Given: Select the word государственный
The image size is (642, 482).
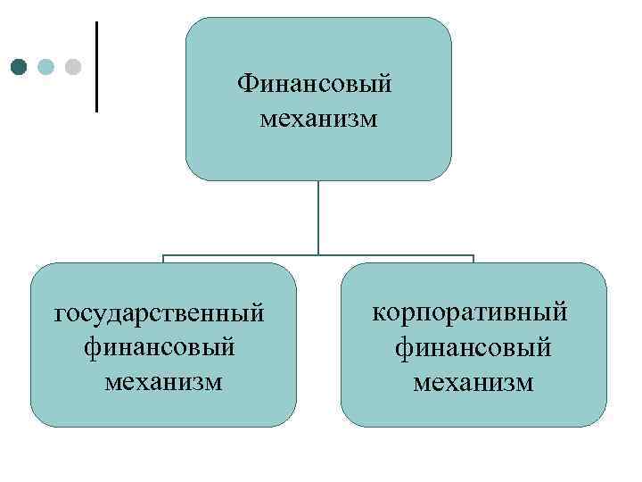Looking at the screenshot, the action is point(160,314).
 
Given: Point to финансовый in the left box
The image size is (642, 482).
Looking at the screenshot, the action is point(160,347).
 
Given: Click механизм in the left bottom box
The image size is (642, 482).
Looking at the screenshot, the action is point(162,381).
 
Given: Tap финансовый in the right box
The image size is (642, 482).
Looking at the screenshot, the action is point(473,347).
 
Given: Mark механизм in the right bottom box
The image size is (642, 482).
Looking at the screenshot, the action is point(473,382).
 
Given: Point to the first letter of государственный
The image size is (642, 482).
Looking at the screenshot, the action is point(61,316).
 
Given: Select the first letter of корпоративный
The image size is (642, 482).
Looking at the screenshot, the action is point(378,314).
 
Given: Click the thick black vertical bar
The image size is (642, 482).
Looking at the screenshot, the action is point(95,67).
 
